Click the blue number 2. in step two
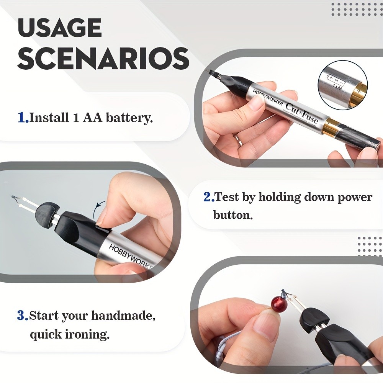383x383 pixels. click(x=209, y=197)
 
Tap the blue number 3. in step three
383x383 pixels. click(x=23, y=316)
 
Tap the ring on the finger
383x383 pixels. click(x=238, y=140)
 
